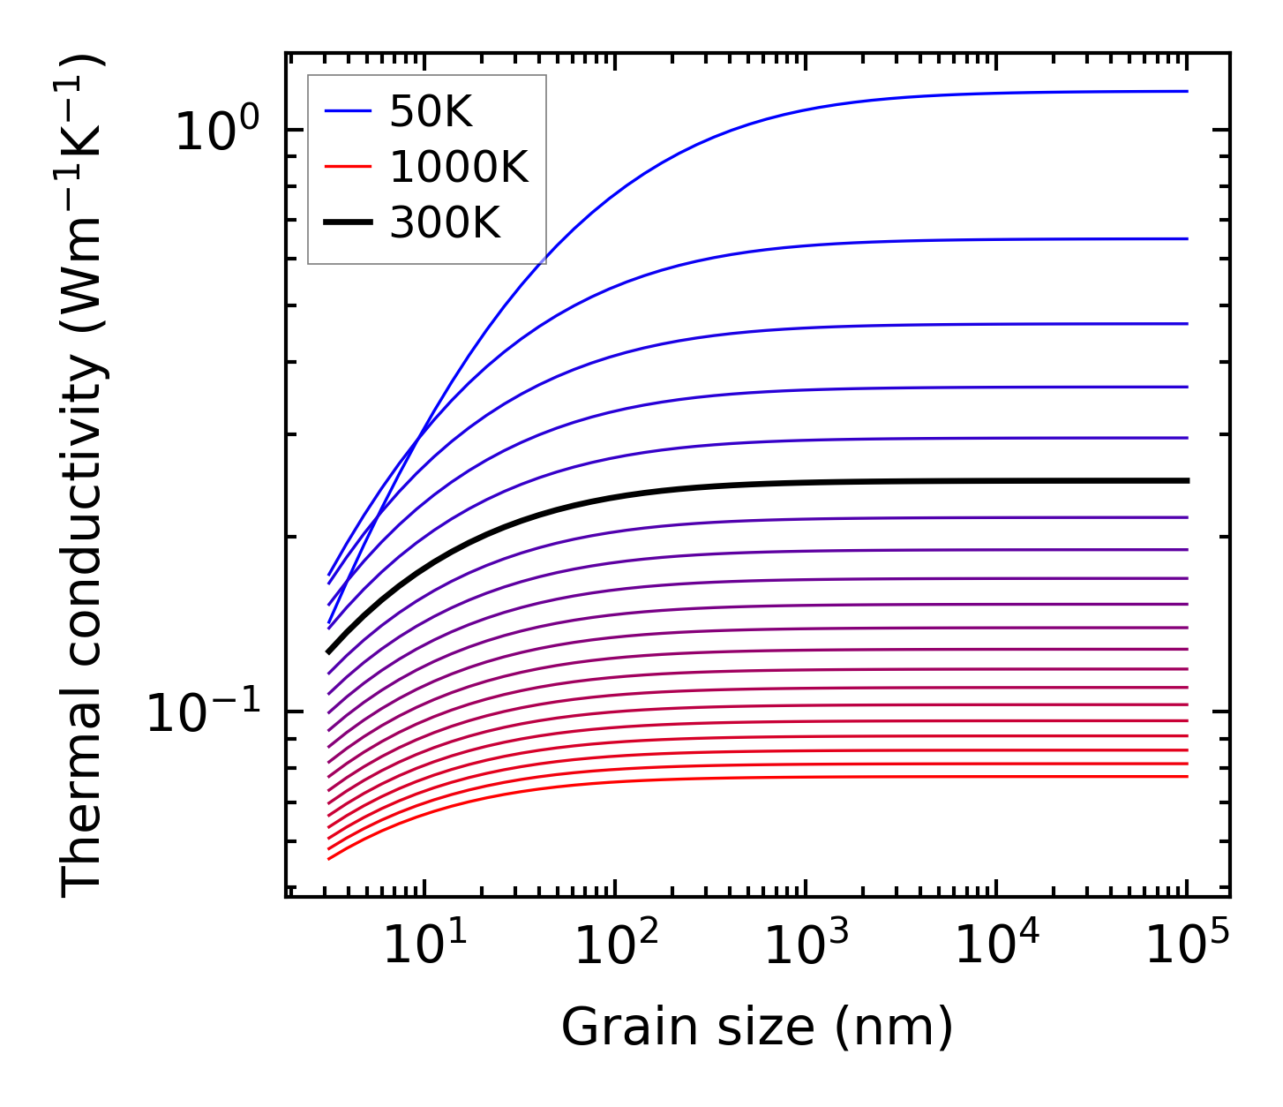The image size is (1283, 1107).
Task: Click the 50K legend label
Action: click(x=431, y=111)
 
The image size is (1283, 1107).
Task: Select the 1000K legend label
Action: click(x=459, y=167)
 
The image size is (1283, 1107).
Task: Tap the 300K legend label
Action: click(x=445, y=223)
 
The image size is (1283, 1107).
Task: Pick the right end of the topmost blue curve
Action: click(x=1186, y=91)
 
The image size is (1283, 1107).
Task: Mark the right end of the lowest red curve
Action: click(x=1186, y=776)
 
